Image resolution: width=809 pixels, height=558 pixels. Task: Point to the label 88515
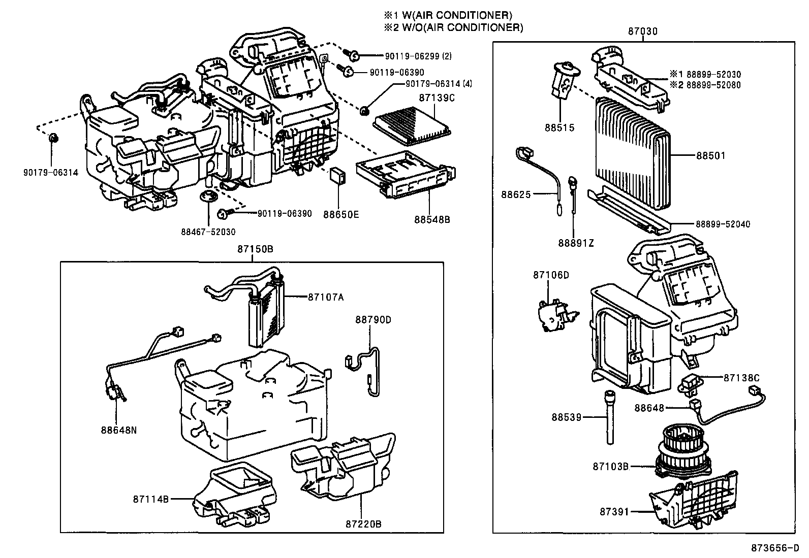[x=559, y=128]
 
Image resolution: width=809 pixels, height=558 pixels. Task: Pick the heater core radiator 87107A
[x=266, y=315]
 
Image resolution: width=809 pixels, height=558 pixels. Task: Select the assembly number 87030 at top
[x=642, y=31]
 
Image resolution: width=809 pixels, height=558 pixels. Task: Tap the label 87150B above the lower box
[x=255, y=249]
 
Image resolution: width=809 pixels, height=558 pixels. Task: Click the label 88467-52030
[x=208, y=232]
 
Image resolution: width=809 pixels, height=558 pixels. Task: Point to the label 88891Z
[x=575, y=243]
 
